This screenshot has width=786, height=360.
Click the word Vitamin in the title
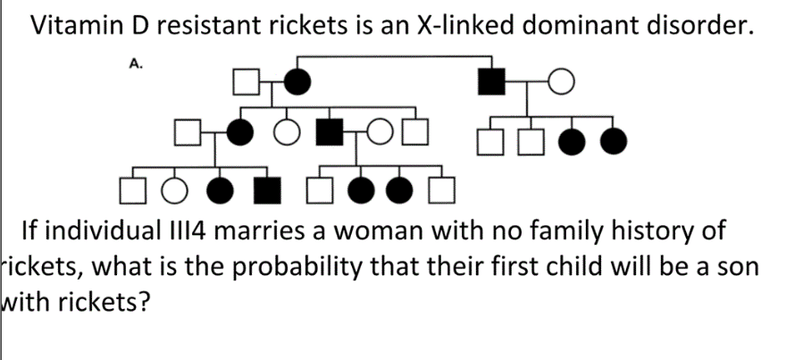(76, 28)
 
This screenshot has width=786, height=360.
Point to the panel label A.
(136, 64)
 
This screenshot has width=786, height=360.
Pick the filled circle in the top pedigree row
(299, 84)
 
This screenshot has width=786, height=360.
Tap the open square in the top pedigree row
(246, 84)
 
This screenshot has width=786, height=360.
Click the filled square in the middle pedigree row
(332, 136)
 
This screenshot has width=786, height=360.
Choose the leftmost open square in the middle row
(186, 136)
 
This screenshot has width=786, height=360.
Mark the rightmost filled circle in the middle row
(613, 139)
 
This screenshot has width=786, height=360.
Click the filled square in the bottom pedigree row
(264, 189)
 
